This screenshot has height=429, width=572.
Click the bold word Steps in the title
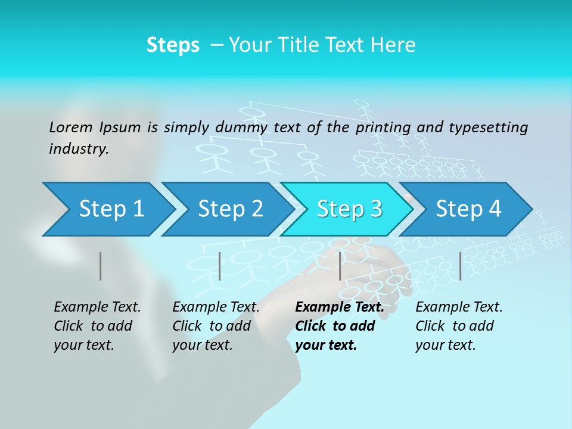(173, 45)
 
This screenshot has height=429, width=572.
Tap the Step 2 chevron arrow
(230, 209)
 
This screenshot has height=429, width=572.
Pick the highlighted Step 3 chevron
(349, 209)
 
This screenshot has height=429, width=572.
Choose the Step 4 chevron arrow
(468, 209)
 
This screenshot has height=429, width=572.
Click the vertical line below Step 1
(101, 266)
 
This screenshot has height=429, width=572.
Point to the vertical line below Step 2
(220, 266)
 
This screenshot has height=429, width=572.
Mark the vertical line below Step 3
(340, 266)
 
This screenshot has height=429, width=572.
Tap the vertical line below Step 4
(461, 266)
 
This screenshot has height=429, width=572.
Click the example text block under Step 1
(97, 326)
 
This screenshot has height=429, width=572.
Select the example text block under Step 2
(216, 326)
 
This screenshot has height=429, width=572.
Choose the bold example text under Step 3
(339, 326)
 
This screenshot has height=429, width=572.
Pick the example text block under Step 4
(459, 326)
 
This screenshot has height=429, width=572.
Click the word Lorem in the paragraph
(71, 127)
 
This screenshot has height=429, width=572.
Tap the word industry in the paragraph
(78, 149)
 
